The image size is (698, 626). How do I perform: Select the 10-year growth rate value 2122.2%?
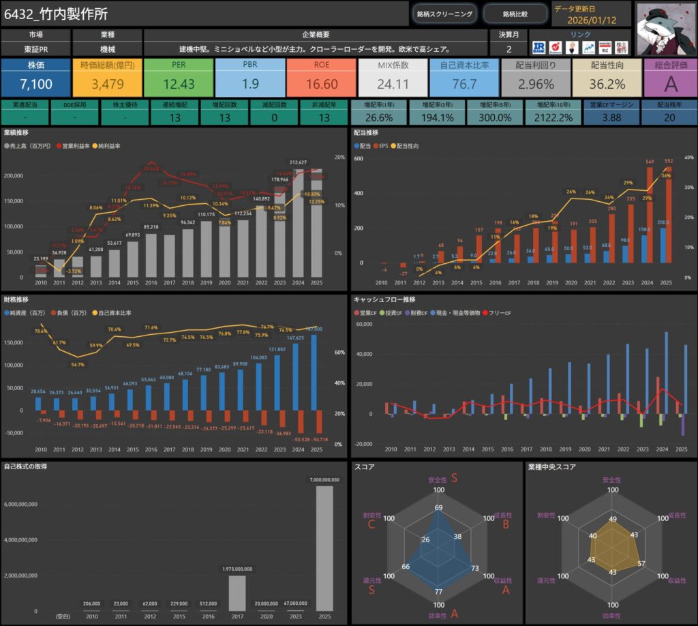pos(553,117)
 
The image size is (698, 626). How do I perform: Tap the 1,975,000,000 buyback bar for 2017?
pos(237,593)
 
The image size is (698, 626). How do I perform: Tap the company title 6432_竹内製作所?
pos(56,14)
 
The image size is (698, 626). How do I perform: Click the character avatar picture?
pos(665,28)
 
